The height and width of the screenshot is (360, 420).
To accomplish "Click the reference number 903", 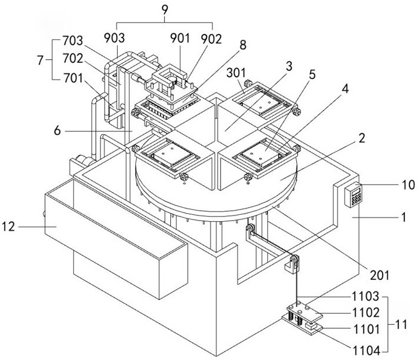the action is pos(115,38).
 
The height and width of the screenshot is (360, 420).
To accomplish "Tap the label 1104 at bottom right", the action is pos(366,351).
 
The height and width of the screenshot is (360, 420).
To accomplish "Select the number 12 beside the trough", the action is pos(9,227).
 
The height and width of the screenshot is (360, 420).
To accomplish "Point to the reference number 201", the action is pos(379,275).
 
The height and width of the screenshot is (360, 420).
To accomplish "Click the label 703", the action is pos(73,41).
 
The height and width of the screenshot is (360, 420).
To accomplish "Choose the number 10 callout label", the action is pos(408,185).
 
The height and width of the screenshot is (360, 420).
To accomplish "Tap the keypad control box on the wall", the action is pos(353,194).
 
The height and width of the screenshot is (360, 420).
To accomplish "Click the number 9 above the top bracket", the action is pos(165,10).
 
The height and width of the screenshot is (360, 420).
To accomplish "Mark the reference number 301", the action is pos(236,73).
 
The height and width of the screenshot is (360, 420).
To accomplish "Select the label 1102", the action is pos(366,313).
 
